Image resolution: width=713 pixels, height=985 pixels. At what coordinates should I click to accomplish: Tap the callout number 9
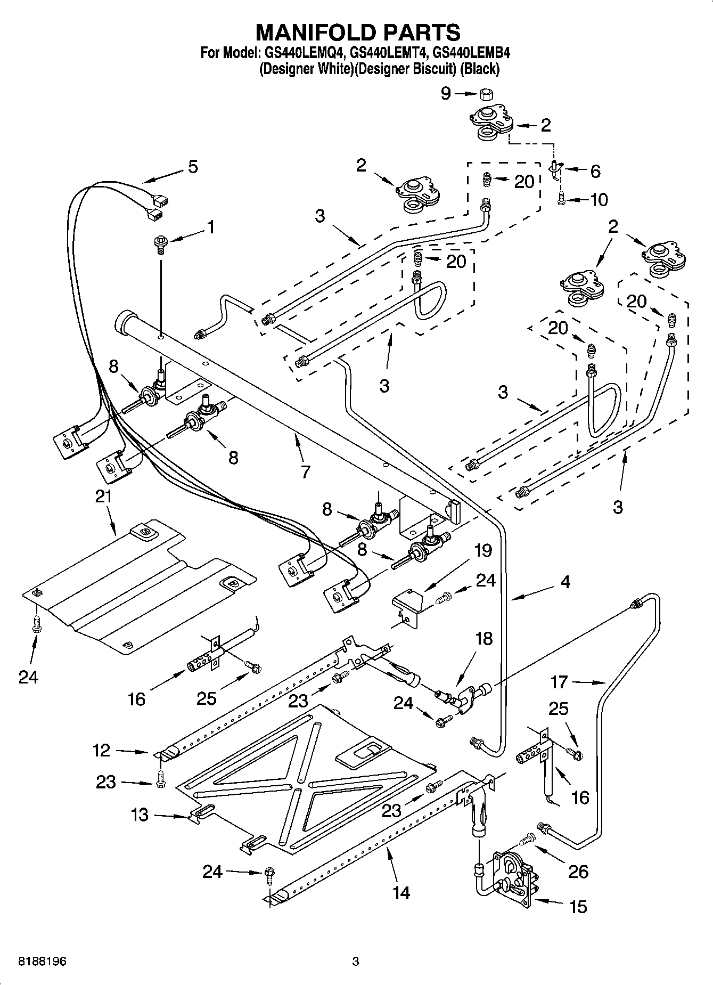[x=446, y=94]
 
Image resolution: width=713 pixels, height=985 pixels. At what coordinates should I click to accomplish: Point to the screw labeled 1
[x=159, y=242]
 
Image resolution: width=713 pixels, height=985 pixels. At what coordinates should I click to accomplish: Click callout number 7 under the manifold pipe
[x=305, y=471]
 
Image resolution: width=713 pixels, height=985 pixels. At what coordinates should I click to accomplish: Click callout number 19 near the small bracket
[x=483, y=550]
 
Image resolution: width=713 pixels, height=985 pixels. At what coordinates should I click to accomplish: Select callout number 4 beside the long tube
[x=566, y=582]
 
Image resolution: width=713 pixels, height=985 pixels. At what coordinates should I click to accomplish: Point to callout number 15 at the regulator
[x=578, y=906]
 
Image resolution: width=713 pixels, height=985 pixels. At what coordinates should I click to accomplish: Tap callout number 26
[x=578, y=872]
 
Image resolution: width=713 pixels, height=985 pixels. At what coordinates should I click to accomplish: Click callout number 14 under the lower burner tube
[x=401, y=893]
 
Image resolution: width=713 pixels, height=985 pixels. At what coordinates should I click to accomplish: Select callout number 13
[x=140, y=815]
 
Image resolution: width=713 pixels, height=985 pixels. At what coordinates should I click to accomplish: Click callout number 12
[x=101, y=751]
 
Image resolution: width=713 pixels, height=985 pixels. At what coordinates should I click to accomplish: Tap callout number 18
[x=483, y=638]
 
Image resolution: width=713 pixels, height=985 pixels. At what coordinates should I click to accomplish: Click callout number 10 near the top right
[x=599, y=200]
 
